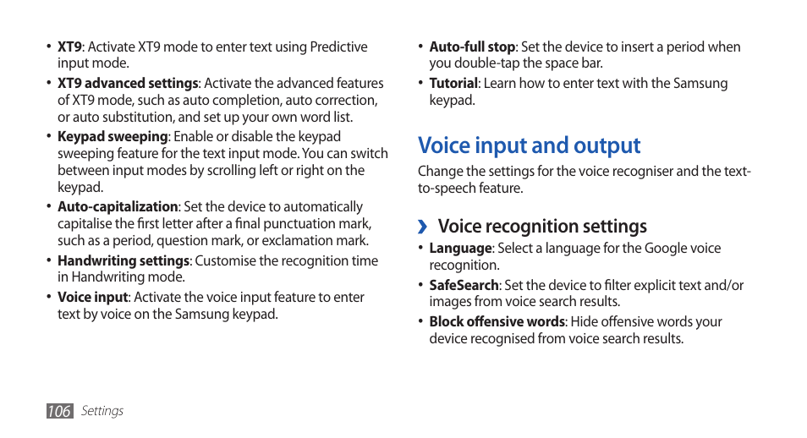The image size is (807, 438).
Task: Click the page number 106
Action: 59,411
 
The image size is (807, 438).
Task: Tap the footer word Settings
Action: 102,411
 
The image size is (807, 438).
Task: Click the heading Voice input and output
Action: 530,145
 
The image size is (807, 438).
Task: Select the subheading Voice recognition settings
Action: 542,226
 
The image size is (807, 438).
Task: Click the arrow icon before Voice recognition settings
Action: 425,227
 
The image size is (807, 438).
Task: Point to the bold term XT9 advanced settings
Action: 128,83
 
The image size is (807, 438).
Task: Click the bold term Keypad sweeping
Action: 113,136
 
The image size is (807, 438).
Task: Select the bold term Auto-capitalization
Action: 118,206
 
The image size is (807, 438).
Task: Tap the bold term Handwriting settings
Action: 124,260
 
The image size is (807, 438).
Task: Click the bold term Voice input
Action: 93,297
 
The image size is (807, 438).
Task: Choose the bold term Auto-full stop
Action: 472,47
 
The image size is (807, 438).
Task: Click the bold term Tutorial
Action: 453,83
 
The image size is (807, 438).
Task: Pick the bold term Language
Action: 460,248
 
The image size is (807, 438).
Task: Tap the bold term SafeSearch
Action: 464,285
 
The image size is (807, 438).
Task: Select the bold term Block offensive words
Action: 497,321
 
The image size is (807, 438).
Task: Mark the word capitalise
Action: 85,223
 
